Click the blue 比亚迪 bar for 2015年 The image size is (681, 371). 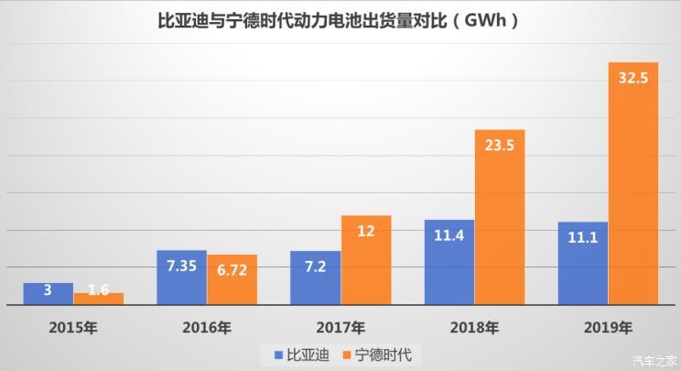[48, 294]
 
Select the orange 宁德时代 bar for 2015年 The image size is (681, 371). [98, 299]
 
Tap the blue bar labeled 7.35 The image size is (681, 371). [181, 278]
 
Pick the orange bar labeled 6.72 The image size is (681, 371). [232, 279]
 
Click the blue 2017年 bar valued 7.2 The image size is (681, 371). [315, 278]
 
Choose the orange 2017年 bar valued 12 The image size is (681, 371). [365, 260]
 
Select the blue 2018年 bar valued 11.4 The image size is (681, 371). [449, 262]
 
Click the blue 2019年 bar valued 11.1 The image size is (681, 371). [583, 263]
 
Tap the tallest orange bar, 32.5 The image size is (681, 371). [633, 183]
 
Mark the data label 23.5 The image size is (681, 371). [500, 144]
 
